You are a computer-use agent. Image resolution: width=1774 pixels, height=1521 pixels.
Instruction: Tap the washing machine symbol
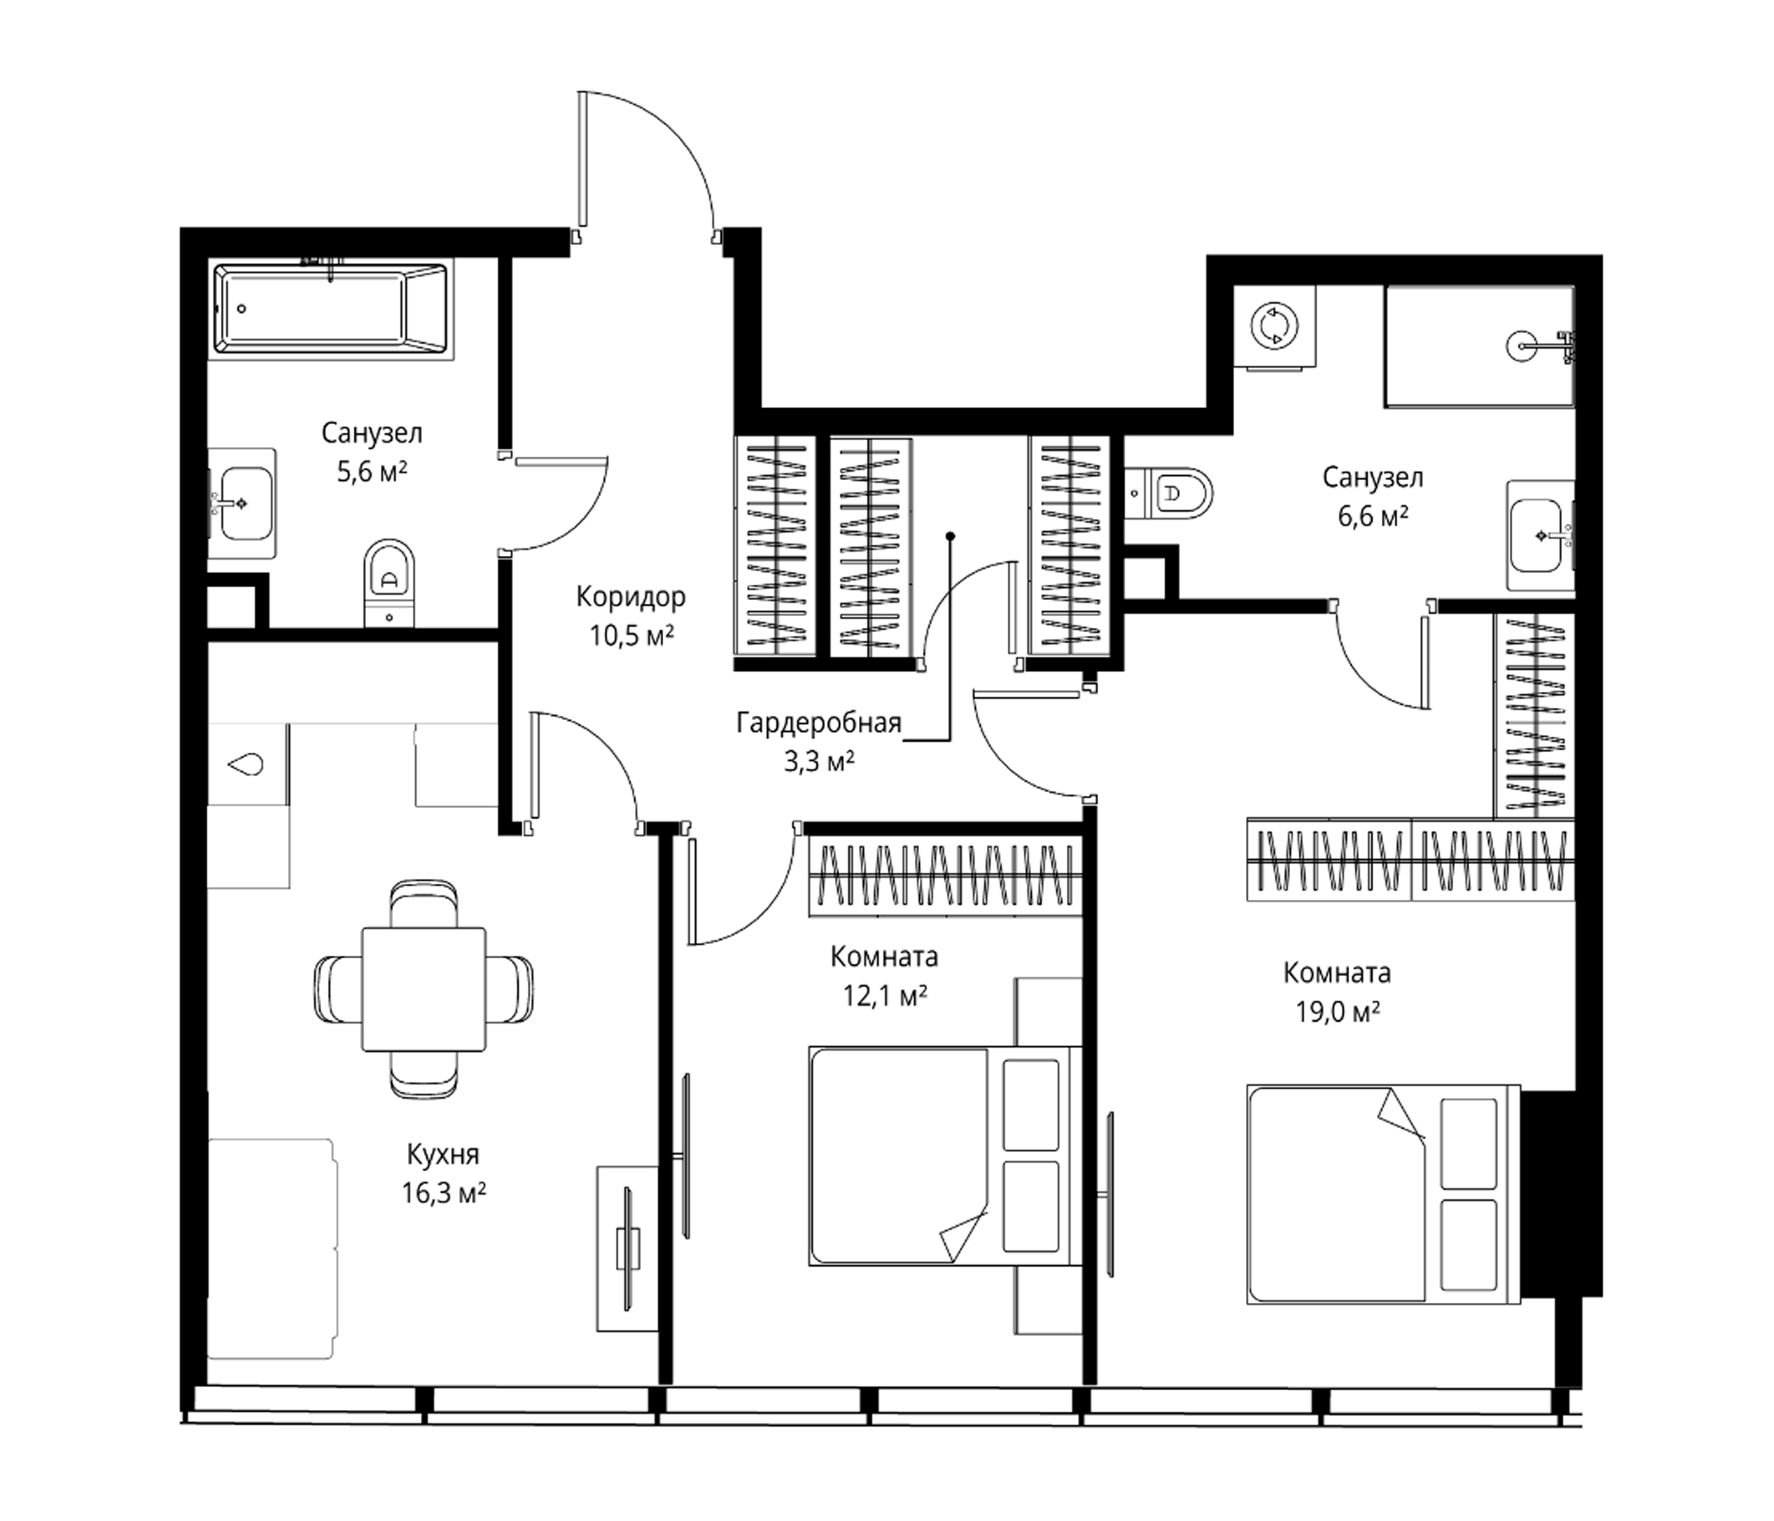pyautogui.click(x=1274, y=326)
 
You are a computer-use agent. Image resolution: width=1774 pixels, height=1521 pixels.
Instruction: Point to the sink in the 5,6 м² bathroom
pyautogui.click(x=242, y=503)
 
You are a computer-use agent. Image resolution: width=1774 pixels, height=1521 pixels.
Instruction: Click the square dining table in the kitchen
pyautogui.click(x=423, y=989)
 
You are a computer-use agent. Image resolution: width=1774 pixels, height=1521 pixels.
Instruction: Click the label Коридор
pyautogui.click(x=631, y=596)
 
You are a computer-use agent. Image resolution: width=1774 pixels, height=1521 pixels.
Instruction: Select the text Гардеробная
pyautogui.click(x=819, y=723)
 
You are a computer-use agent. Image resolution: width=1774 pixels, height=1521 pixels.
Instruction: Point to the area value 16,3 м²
pyautogui.click(x=444, y=1193)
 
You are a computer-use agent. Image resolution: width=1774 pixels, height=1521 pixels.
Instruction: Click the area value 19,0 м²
pyautogui.click(x=1336, y=1012)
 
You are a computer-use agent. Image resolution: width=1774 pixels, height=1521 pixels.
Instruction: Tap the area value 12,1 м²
pyautogui.click(x=885, y=995)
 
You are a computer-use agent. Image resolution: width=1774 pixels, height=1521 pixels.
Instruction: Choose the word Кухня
pyautogui.click(x=443, y=1154)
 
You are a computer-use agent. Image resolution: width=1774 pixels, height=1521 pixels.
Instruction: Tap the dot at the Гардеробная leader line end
pyautogui.click(x=950, y=536)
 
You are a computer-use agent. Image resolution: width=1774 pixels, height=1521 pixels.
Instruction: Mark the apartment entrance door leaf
pyautogui.click(x=582, y=159)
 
